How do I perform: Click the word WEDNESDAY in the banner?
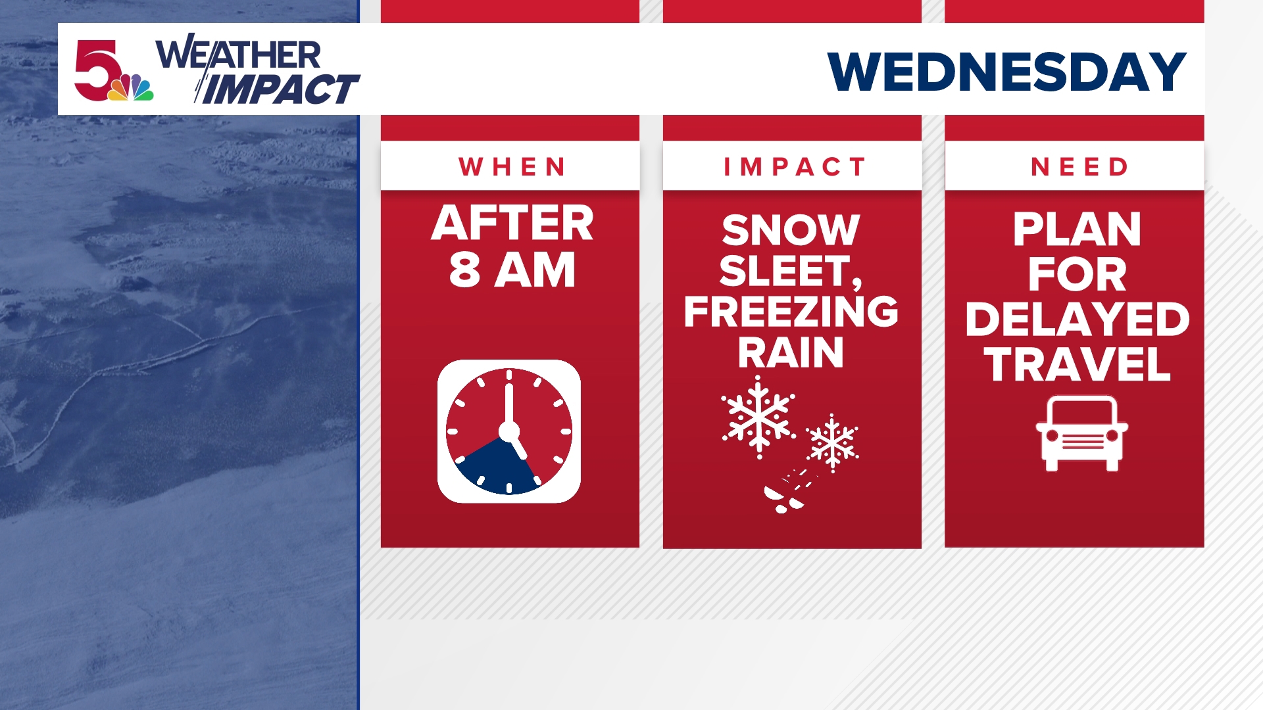[1006, 72]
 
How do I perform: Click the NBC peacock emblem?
[131, 88]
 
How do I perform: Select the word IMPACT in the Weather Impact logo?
[280, 90]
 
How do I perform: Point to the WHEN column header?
[512, 167]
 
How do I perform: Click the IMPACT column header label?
[794, 167]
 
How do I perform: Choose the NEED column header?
[1079, 167]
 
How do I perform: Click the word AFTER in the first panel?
[512, 223]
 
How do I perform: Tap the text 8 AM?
[512, 270]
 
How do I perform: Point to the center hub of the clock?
[508, 431]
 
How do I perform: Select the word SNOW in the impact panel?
[791, 230]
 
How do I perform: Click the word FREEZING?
[791, 312]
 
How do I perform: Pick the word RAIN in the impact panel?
[791, 353]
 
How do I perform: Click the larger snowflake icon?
[758, 417]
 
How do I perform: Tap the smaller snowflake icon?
[832, 442]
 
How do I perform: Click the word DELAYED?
[1077, 319]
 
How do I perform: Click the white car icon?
[1081, 434]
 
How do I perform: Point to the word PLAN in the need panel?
[1077, 229]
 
